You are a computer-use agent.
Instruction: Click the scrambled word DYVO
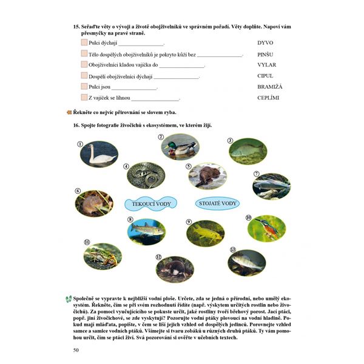pyautogui.click(x=266, y=43)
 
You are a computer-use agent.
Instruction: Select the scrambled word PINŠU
pyautogui.click(x=265, y=54)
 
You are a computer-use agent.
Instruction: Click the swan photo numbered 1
pyautogui.click(x=99, y=154)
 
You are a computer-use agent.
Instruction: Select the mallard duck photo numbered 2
pyautogui.click(x=180, y=146)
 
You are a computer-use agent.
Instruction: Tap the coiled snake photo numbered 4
pyautogui.click(x=146, y=175)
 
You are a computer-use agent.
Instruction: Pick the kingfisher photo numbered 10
pyautogui.click(x=266, y=228)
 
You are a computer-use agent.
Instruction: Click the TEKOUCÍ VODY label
pyautogui.click(x=150, y=204)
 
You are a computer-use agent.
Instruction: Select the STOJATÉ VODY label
pyautogui.click(x=217, y=203)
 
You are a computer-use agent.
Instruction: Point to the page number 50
pyautogui.click(x=76, y=349)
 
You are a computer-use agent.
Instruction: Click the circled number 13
pyautogui.click(x=232, y=249)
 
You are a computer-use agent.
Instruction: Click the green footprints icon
pyautogui.click(x=68, y=299)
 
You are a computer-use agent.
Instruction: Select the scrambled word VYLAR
pyautogui.click(x=267, y=65)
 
